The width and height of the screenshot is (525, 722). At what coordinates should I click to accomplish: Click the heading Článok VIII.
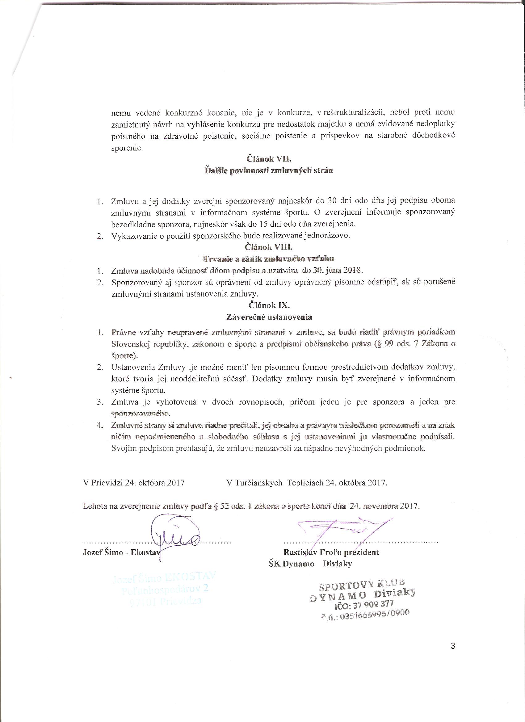click(x=269, y=247)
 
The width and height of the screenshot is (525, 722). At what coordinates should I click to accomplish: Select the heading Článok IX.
click(x=269, y=305)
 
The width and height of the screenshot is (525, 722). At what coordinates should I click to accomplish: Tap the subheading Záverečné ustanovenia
click(x=269, y=317)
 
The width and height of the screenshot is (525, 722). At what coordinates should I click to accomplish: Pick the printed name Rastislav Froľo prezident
click(x=331, y=552)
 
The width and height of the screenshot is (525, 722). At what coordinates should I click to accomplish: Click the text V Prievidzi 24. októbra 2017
click(x=134, y=483)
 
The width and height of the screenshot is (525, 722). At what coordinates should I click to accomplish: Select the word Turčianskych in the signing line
click(x=258, y=483)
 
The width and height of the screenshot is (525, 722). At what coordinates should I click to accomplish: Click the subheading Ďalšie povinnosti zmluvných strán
click(x=269, y=170)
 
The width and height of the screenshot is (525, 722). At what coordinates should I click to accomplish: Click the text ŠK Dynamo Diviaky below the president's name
click(x=310, y=564)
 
